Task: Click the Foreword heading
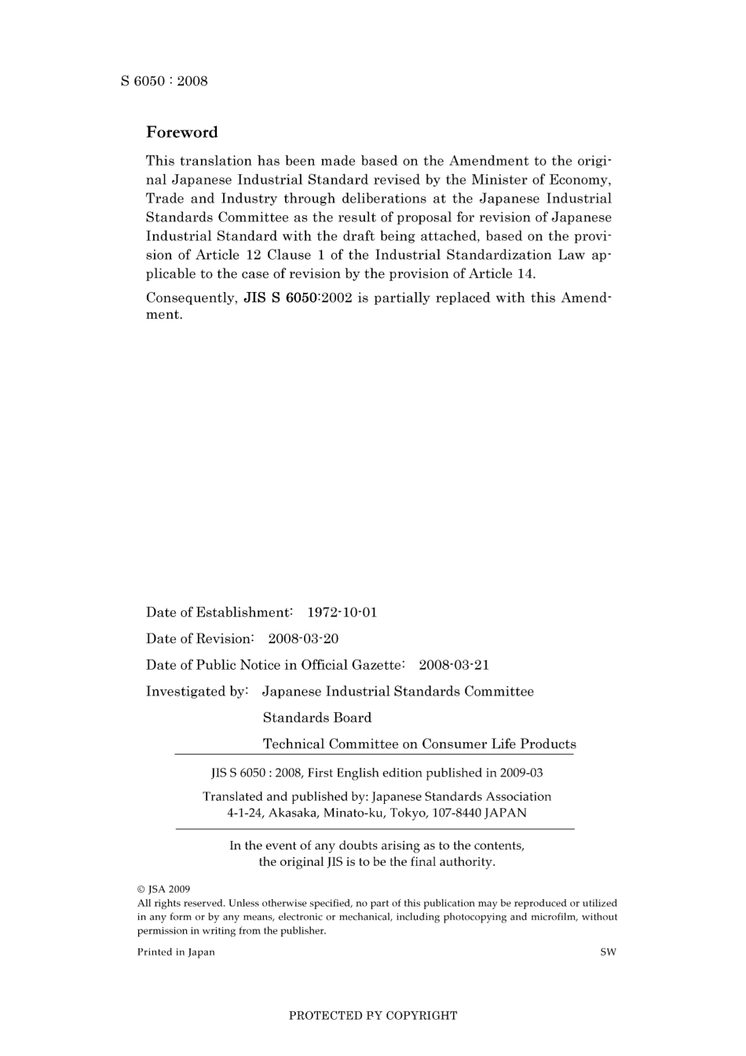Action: click(x=181, y=132)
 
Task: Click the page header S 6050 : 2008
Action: click(x=164, y=81)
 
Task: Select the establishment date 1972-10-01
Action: click(x=342, y=612)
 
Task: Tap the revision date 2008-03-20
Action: click(x=303, y=639)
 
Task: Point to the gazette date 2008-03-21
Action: click(x=454, y=665)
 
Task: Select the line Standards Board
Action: click(x=317, y=718)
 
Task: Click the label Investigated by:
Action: click(x=197, y=692)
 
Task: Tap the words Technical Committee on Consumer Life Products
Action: click(x=419, y=744)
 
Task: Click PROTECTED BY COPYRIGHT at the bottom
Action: click(x=373, y=1015)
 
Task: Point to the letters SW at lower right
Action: click(x=608, y=952)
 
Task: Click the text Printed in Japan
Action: click(x=176, y=952)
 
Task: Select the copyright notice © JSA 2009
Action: click(x=164, y=890)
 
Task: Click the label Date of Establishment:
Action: click(x=219, y=612)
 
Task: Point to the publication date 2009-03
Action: click(x=520, y=773)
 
